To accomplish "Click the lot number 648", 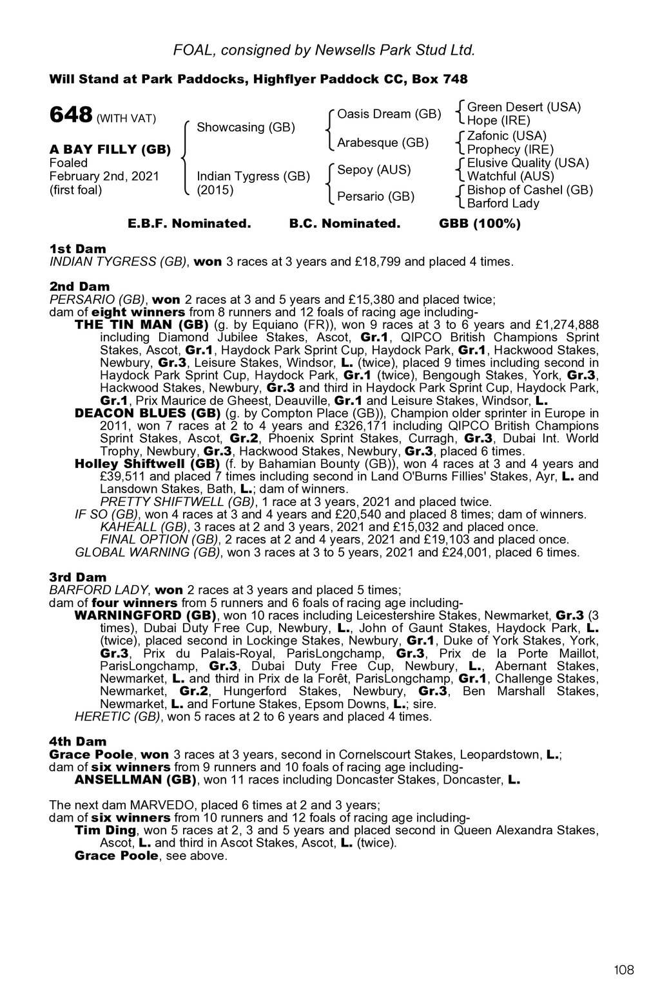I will pos(71,115).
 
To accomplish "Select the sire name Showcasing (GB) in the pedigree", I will pos(246,127).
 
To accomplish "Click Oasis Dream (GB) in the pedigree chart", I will pos(389,114).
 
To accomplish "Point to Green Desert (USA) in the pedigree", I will pos(524,107).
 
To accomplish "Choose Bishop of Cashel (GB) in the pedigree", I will pos(530,190).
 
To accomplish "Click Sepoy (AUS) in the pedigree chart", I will pos(374,170).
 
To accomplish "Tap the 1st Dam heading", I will pos(78,249).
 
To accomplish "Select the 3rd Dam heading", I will pos(78,577).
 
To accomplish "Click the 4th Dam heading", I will pos(78,742).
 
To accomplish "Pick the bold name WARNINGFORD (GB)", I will pos(146,615).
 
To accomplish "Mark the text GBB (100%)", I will pos(480,224).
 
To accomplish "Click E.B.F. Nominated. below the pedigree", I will pos(189,224).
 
